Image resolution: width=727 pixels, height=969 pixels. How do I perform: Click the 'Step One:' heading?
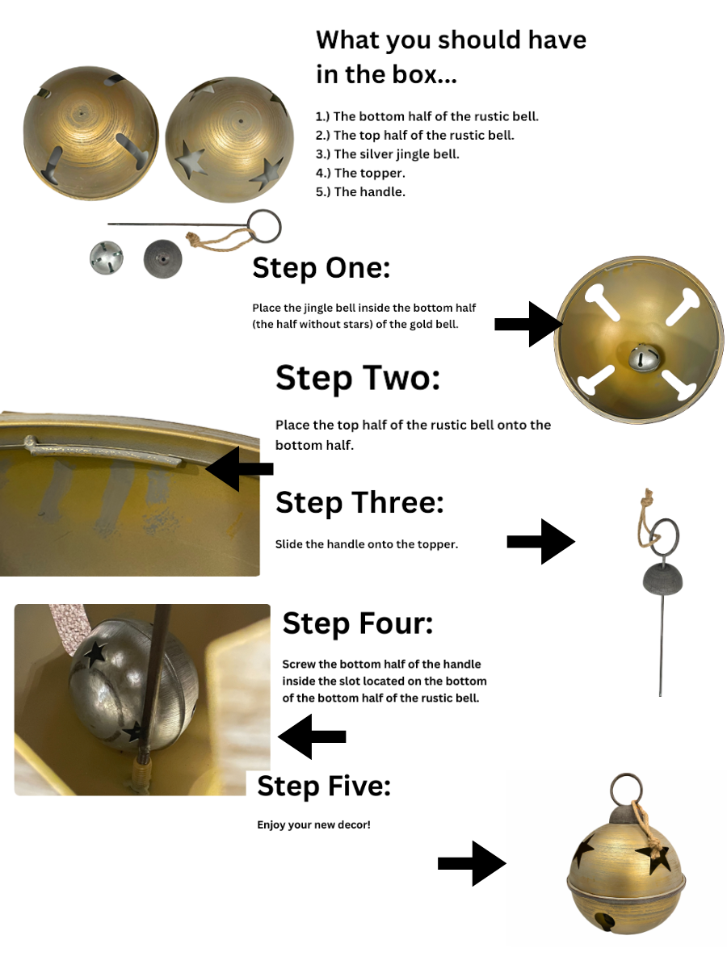point(321,267)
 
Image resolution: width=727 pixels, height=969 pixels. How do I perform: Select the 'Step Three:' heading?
point(359,502)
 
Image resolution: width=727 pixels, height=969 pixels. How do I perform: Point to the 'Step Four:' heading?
point(358,623)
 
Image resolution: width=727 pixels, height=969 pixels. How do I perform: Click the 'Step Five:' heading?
point(324,786)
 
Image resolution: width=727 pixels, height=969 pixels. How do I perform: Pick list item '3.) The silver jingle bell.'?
point(387,154)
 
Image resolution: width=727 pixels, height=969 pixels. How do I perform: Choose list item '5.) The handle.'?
point(360,191)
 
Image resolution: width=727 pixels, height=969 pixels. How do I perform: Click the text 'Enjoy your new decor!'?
point(313,824)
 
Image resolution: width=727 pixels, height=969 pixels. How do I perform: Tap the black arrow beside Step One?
point(529,324)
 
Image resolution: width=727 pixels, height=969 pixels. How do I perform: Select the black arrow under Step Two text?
point(239,469)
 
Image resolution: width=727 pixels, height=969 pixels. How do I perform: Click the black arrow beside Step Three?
point(540,541)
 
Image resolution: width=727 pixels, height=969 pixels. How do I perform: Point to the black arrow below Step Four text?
point(312,736)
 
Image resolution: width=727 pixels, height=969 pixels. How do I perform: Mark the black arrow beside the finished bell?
point(472,863)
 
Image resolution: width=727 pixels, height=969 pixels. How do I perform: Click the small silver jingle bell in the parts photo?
point(107,258)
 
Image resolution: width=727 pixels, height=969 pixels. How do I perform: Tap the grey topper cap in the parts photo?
point(162,258)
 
